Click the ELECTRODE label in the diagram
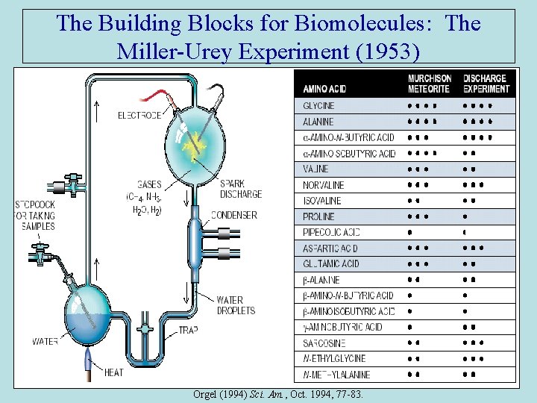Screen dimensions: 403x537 tap(139, 116)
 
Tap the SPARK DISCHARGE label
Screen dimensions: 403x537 tap(240, 189)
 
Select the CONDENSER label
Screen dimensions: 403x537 tap(234, 215)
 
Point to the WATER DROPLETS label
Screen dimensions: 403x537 tap(235, 305)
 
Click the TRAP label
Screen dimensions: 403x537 tap(188, 330)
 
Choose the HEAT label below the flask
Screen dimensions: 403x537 tap(114, 372)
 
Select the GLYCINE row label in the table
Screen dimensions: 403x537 tap(318, 105)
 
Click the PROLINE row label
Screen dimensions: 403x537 tap(319, 216)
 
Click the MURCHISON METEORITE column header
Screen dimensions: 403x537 tap(429, 84)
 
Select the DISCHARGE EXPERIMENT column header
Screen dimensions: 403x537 tap(486, 84)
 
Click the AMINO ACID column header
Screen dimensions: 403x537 tap(324, 87)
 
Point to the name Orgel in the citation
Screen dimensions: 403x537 tap(206, 393)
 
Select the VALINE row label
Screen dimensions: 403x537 tap(315, 169)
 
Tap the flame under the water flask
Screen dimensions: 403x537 tap(89, 363)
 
